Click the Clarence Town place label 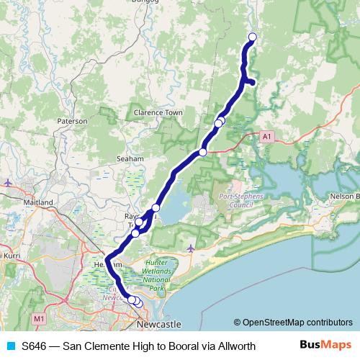tap(158, 113)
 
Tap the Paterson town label tap(73, 122)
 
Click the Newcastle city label tap(158, 325)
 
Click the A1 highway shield tap(267, 135)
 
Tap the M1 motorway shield tap(39, 318)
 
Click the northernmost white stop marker tap(252, 37)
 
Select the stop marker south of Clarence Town tap(203, 152)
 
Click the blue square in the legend tap(9, 346)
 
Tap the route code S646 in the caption tap(35, 346)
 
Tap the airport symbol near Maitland tap(7, 183)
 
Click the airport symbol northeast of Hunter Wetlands tap(190, 249)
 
